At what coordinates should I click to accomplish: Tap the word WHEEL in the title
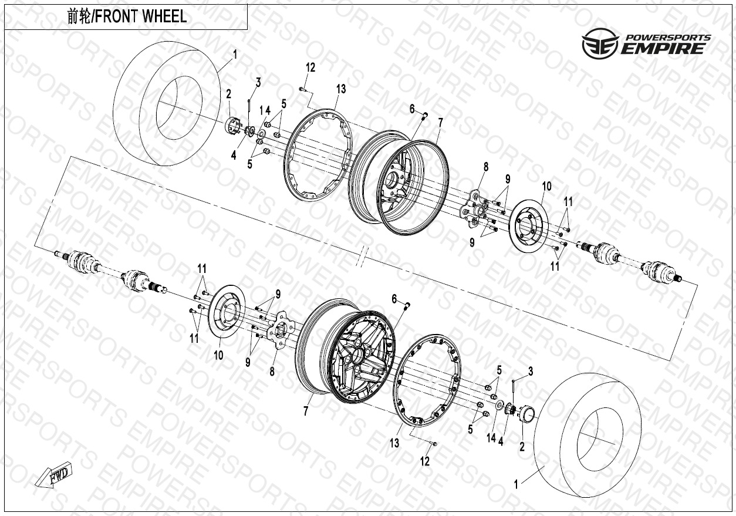point(164,16)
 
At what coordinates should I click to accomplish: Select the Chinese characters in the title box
point(79,17)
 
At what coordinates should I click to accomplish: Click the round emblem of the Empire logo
point(600,43)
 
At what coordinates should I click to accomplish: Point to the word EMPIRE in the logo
point(662,49)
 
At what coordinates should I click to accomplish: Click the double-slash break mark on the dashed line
point(362,257)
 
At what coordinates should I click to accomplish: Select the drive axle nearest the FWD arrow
point(110,271)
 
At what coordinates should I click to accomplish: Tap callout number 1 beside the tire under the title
point(235,54)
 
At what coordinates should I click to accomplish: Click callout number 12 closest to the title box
point(310,68)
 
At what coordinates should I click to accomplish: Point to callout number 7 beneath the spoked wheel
point(306,410)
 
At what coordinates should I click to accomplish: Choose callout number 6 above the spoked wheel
point(394,299)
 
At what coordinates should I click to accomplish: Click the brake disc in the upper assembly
point(528,226)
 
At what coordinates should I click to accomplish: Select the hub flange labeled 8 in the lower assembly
point(281,331)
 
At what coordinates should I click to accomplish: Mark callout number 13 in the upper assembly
point(341,89)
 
